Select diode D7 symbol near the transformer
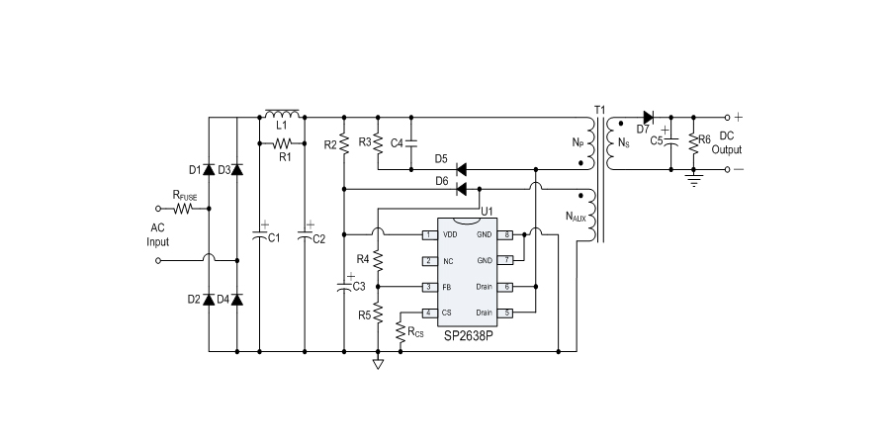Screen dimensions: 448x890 pos(649,117)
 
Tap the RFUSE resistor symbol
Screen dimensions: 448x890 pos(186,210)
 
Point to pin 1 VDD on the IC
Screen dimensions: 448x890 pos(428,234)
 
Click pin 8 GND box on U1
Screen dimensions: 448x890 pos(506,234)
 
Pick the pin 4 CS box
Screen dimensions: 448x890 pos(428,313)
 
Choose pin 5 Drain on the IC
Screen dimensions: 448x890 pos(506,313)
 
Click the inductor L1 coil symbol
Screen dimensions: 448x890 pos(282,114)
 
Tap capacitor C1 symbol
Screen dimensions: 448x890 pos(259,236)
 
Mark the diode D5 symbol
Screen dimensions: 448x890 pos(460,168)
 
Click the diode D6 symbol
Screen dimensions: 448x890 pos(460,188)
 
